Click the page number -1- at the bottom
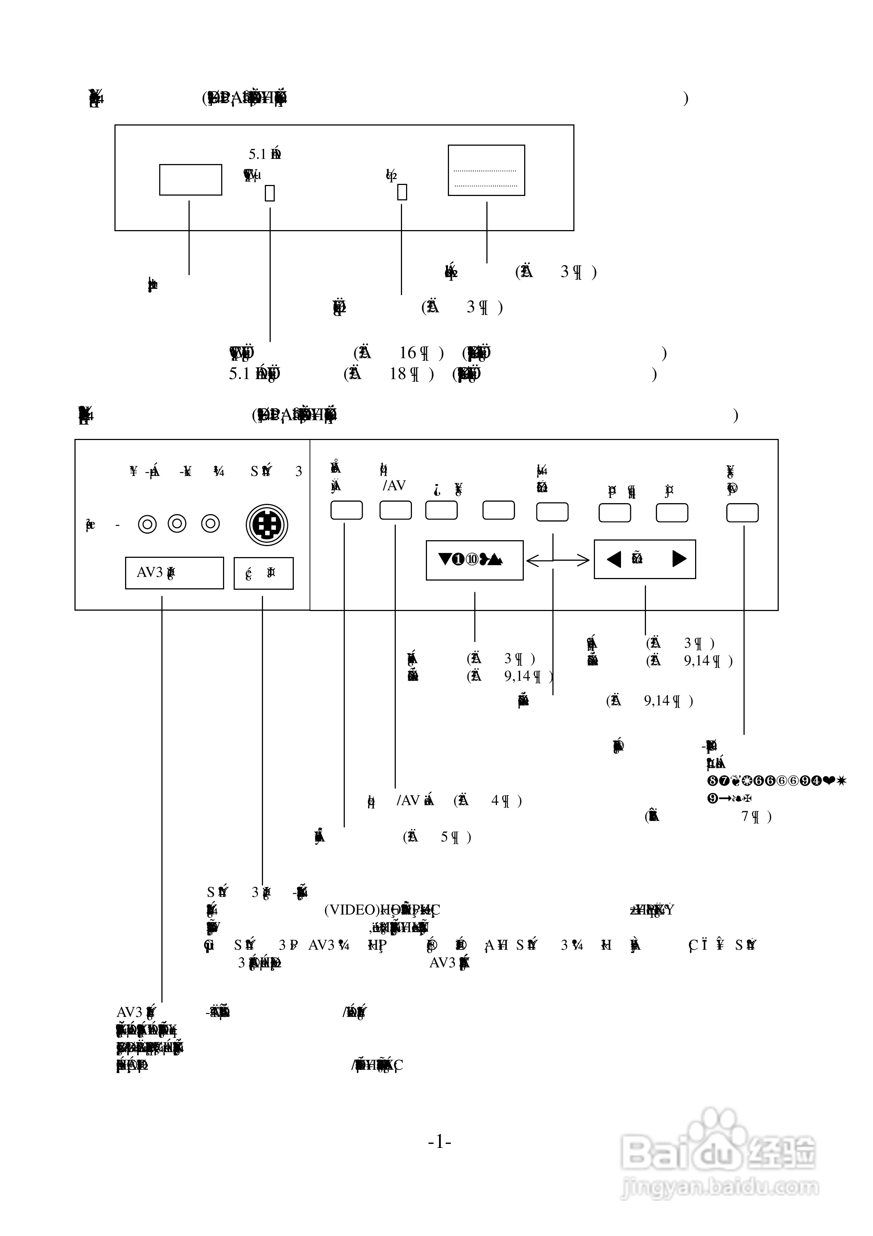click(x=439, y=1141)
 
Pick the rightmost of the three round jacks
click(x=211, y=523)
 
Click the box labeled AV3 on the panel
click(x=174, y=573)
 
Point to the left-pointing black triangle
click(x=614, y=559)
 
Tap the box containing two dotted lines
click(x=486, y=170)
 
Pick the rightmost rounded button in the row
click(x=742, y=512)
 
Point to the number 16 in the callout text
click(x=408, y=353)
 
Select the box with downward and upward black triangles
click(x=474, y=560)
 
